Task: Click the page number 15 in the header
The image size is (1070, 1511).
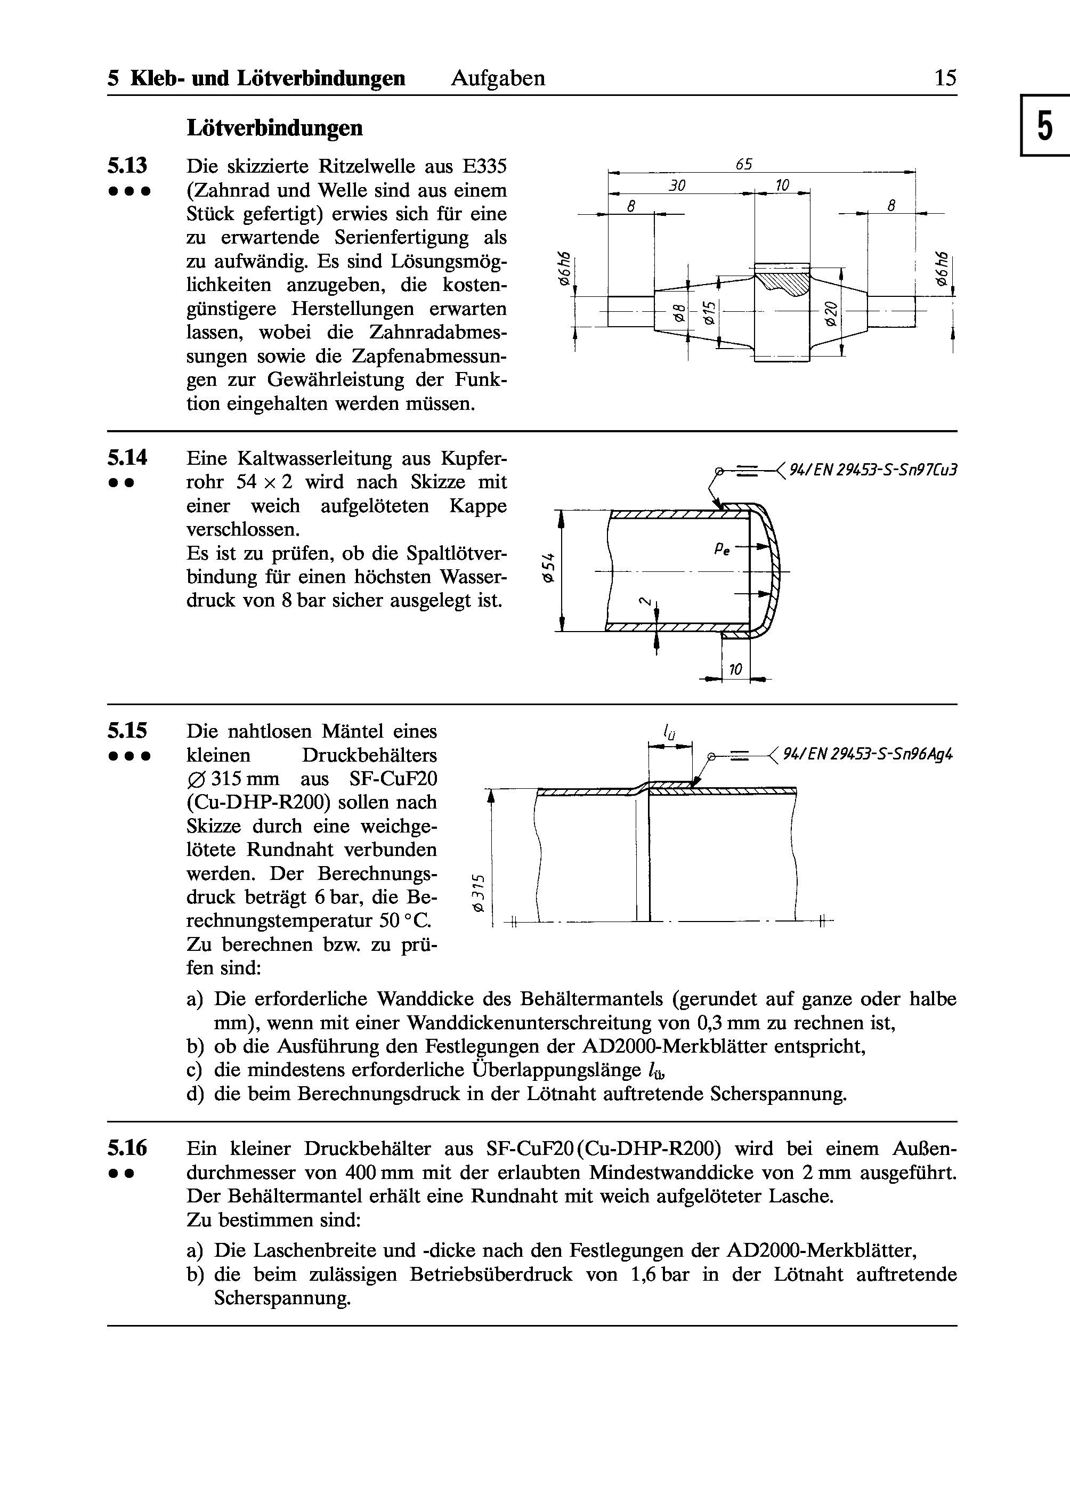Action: click(944, 78)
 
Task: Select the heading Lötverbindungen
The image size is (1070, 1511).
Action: click(275, 127)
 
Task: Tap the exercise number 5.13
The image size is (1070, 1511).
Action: click(127, 165)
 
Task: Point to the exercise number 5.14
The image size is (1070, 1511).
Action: click(127, 457)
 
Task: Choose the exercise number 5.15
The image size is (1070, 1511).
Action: click(127, 731)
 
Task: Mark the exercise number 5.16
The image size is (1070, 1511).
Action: click(127, 1149)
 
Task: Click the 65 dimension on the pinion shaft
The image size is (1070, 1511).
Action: click(744, 164)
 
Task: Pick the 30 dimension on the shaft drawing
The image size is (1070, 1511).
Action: click(677, 186)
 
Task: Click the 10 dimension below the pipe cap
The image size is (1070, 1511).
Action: click(735, 670)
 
